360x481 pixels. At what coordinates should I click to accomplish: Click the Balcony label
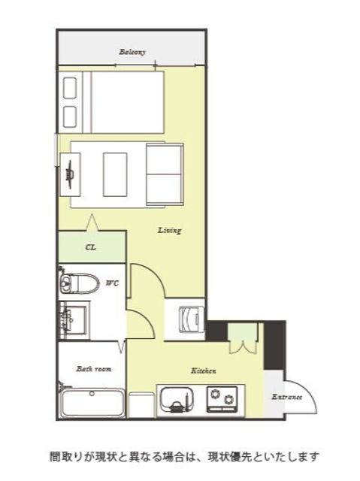132,52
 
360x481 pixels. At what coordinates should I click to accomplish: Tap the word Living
170,230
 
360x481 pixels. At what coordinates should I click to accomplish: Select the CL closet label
90,247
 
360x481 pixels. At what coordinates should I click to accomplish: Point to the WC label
112,283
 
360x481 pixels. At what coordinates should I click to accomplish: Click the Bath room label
94,369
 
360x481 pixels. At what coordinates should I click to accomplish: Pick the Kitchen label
204,371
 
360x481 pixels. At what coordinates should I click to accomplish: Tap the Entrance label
287,397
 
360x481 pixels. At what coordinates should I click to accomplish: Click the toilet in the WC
79,283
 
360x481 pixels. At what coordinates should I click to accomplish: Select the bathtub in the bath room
92,403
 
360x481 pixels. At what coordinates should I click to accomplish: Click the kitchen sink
177,399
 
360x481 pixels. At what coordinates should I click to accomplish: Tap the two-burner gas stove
222,399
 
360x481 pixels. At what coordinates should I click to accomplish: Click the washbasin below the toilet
74,320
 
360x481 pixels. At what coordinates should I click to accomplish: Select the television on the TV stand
70,174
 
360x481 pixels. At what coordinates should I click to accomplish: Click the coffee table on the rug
115,174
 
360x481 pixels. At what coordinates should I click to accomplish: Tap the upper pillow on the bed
70,88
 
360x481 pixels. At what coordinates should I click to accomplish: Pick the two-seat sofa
165,174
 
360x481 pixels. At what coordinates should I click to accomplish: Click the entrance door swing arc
306,394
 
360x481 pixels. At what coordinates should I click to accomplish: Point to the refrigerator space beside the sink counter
141,404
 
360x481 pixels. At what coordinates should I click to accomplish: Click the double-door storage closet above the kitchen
244,338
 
